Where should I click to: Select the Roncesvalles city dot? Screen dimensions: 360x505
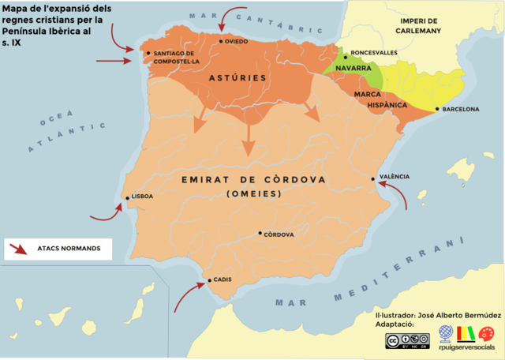346,57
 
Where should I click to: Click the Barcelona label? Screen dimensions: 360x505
462,109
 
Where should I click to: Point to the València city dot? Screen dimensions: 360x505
374,179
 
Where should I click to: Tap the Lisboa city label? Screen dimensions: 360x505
142,197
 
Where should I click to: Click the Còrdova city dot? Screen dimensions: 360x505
260,234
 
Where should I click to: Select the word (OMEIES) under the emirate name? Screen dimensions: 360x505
253,194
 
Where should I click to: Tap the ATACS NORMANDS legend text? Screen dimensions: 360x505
69,249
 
